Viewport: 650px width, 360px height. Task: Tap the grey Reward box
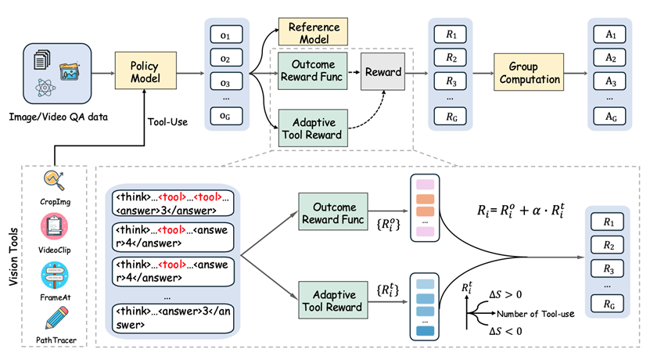[x=382, y=72]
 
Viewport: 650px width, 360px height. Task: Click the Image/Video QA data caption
[x=56, y=117]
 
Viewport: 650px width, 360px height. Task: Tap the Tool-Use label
[x=167, y=121]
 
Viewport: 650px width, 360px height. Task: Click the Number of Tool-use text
[x=538, y=315]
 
